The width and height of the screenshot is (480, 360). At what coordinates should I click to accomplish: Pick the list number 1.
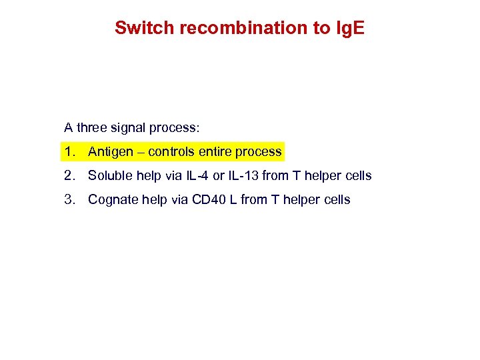pyautogui.click(x=69, y=152)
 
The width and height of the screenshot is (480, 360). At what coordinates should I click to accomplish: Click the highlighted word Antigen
pyautogui.click(x=111, y=152)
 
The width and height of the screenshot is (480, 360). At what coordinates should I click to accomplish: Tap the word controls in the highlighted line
pyautogui.click(x=171, y=152)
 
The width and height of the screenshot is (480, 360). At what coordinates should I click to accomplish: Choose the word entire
pyautogui.click(x=217, y=152)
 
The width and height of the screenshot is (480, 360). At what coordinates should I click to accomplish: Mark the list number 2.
pyautogui.click(x=69, y=176)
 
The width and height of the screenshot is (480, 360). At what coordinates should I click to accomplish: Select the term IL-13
pyautogui.click(x=243, y=176)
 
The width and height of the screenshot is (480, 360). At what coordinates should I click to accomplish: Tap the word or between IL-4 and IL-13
pyautogui.click(x=218, y=176)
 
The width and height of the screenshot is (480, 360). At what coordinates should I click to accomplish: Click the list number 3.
pyautogui.click(x=69, y=200)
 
